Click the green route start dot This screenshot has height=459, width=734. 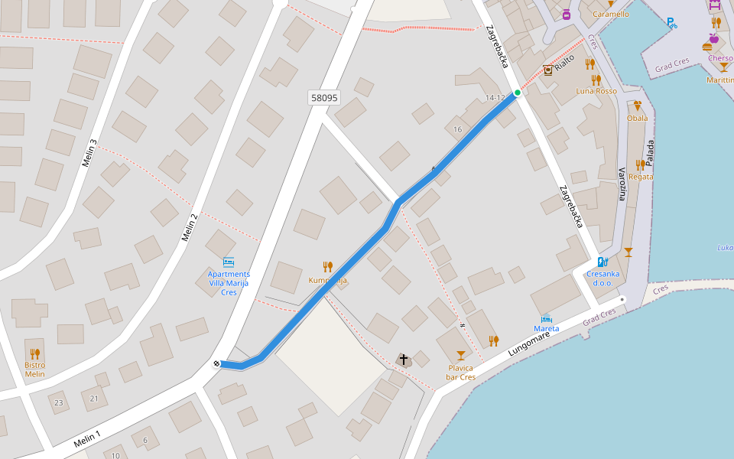(518, 93)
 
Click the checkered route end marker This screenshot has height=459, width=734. (216, 363)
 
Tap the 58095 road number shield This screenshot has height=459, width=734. (324, 98)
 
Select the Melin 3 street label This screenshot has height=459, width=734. (89, 152)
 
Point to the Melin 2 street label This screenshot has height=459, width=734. (190, 227)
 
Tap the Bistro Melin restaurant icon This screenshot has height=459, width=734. (34, 353)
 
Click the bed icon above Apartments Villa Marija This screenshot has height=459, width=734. (228, 262)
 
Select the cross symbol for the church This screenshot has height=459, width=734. (404, 359)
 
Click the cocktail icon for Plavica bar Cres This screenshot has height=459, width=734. (460, 355)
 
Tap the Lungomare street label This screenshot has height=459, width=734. (528, 343)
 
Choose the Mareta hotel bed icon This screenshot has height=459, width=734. (546, 318)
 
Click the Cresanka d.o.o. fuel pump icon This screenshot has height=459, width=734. (602, 262)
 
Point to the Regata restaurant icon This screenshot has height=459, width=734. (640, 165)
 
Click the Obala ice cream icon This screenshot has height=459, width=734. (637, 106)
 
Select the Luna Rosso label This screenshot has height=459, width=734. (596, 91)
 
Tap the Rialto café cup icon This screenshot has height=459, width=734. (547, 70)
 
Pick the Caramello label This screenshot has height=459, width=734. (610, 14)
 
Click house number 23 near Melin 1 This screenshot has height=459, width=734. (59, 402)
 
